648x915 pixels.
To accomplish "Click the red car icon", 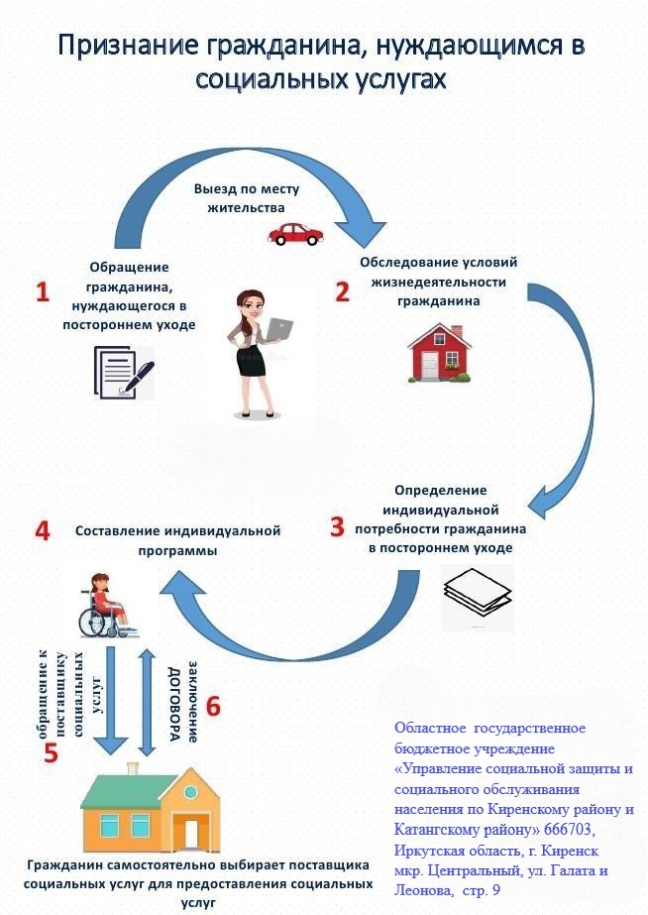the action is (295, 233).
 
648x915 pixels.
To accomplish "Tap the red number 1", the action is (43, 291).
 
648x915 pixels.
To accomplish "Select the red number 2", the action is (343, 291).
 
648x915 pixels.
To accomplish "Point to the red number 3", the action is (338, 526).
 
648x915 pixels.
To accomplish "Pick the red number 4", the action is (43, 531).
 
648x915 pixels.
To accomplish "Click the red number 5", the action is (52, 752).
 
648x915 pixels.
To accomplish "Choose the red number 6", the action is (213, 707).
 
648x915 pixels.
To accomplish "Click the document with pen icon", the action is (124, 373).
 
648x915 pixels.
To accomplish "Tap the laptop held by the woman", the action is (278, 328).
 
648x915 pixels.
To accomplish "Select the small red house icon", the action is (440, 353).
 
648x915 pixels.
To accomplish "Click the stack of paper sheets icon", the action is (478, 593).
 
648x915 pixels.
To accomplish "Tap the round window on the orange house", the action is (190, 792).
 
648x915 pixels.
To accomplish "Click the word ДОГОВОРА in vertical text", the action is (173, 704).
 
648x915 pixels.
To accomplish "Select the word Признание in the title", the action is (129, 45).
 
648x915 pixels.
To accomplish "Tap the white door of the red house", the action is (430, 365).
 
